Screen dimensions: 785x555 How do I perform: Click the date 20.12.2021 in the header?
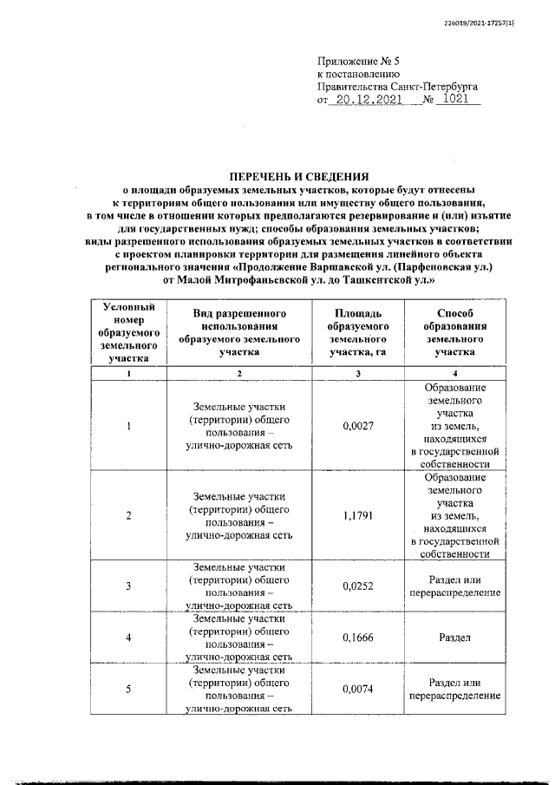[x=365, y=101]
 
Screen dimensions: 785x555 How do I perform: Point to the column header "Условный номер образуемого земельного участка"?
[x=129, y=332]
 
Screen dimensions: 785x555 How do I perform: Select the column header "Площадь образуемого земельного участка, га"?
[x=358, y=332]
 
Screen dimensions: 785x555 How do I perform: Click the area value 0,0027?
[x=358, y=426]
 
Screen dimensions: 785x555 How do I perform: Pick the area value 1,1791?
[x=358, y=516]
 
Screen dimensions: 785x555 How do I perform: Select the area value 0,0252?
[x=358, y=586]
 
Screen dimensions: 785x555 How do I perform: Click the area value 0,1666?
[x=358, y=638]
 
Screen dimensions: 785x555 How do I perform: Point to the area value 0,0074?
[x=358, y=689]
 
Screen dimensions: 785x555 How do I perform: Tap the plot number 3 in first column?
[x=129, y=586]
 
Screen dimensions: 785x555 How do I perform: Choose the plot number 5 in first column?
[x=129, y=689]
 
